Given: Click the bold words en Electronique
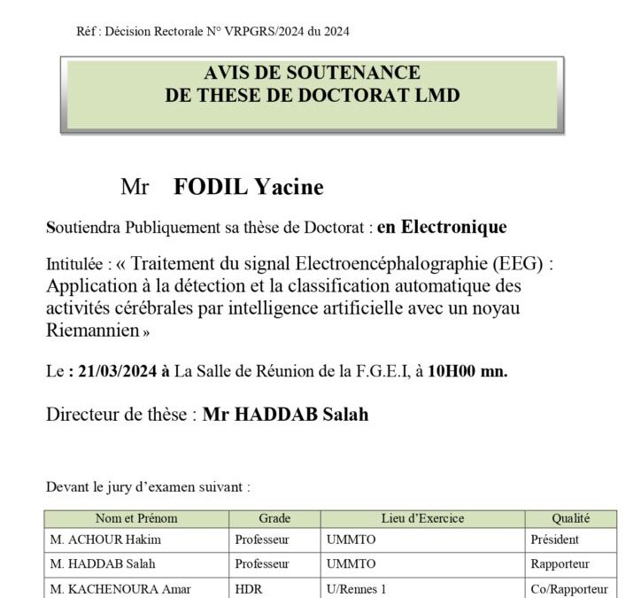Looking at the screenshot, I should tap(442, 228).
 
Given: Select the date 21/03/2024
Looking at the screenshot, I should tap(113, 372).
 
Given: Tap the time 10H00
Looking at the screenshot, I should tap(451, 372).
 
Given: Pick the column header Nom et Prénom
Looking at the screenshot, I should tap(136, 519).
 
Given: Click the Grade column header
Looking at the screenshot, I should tap(274, 519).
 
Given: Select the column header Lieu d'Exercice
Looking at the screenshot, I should tap(422, 519).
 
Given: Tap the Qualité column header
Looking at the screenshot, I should tap(570, 519).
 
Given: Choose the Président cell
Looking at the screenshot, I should tap(554, 540).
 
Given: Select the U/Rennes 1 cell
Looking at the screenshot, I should tap(357, 588).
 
